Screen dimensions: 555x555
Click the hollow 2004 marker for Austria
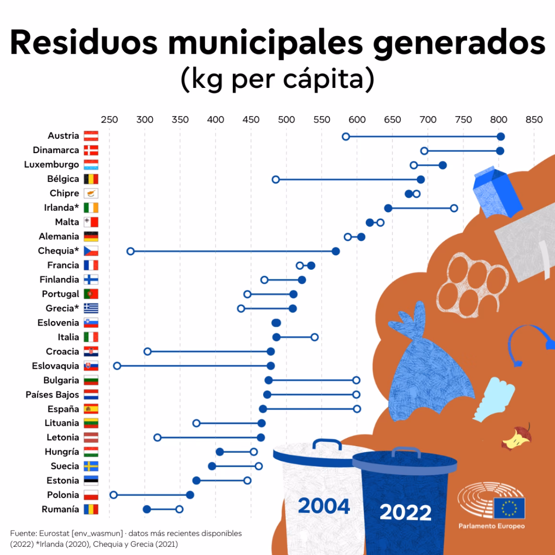[346, 137]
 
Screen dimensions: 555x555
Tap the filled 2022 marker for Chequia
[336, 252]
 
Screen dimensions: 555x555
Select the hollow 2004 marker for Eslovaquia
[117, 366]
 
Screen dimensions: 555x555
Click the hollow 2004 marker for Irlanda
[454, 208]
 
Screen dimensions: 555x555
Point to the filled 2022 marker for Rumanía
[147, 509]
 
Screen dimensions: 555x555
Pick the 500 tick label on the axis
[286, 120]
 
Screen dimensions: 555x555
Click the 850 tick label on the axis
[534, 120]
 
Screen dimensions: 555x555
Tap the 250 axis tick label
[109, 120]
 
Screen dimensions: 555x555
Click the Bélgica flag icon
[91, 179]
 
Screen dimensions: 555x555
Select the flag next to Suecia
[91, 466]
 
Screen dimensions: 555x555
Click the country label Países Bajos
[52, 395]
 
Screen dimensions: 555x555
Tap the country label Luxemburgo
[52, 165]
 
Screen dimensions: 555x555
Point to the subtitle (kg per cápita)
[277, 79]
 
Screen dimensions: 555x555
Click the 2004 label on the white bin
[324, 506]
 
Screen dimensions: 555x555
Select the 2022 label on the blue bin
[405, 513]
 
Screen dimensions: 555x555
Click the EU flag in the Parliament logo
[509, 508]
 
